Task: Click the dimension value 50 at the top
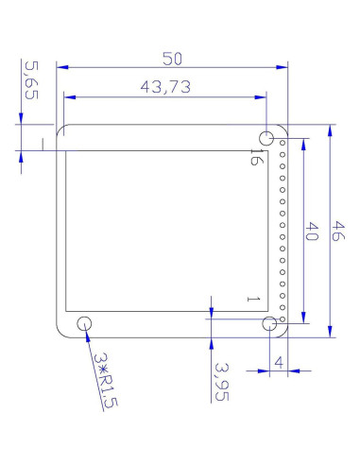click(170, 58)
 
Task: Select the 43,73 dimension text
click(163, 86)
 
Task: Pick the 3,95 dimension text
click(222, 381)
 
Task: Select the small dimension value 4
click(278, 361)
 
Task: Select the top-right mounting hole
click(268, 136)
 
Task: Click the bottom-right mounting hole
click(269, 324)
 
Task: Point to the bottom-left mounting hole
click(83, 324)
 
